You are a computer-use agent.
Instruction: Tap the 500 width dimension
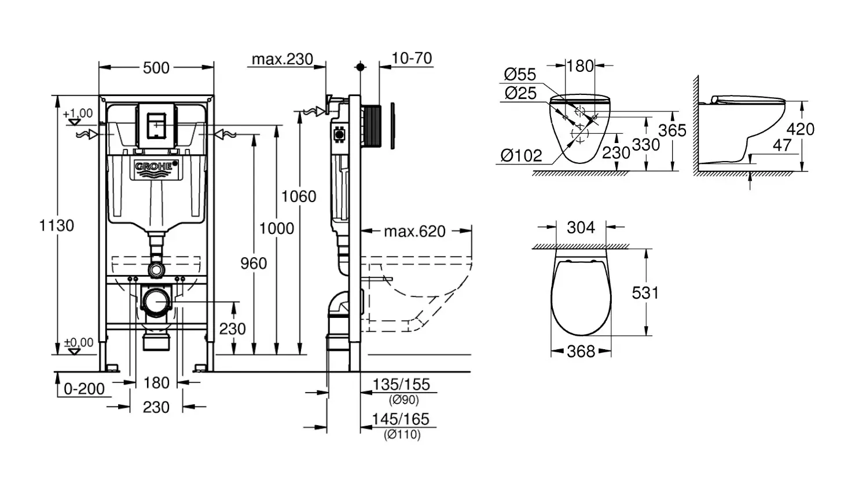(156, 68)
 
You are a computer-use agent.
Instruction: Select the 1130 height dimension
(57, 226)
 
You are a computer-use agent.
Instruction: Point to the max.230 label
(282, 59)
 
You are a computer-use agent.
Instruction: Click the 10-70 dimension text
(412, 58)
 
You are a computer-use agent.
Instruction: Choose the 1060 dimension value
(299, 197)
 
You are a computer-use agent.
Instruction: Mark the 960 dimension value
(254, 264)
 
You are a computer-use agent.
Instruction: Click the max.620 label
(414, 232)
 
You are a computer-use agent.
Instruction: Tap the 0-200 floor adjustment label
(84, 389)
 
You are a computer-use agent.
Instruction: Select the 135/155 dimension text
(401, 385)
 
